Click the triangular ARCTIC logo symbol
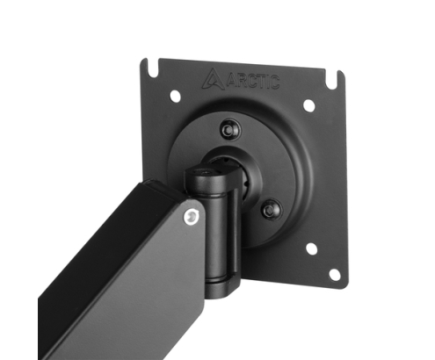coord(213,78)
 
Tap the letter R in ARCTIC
coord(240,81)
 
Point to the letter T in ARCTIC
coord(261,82)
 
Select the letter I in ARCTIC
coord(268,83)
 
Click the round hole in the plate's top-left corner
coord(176,96)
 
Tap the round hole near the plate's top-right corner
coord(308,105)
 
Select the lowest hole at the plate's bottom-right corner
coord(334,274)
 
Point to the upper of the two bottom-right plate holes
coord(311,248)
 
